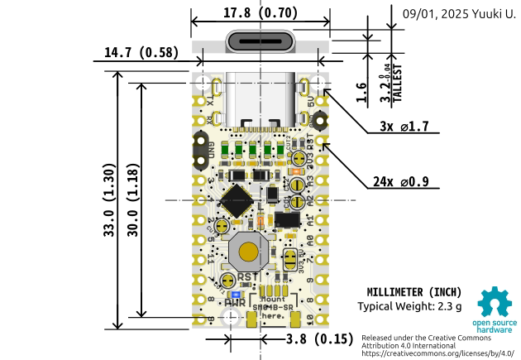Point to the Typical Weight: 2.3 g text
point(409,307)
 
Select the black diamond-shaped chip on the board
point(238,200)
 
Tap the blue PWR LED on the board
point(235,293)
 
